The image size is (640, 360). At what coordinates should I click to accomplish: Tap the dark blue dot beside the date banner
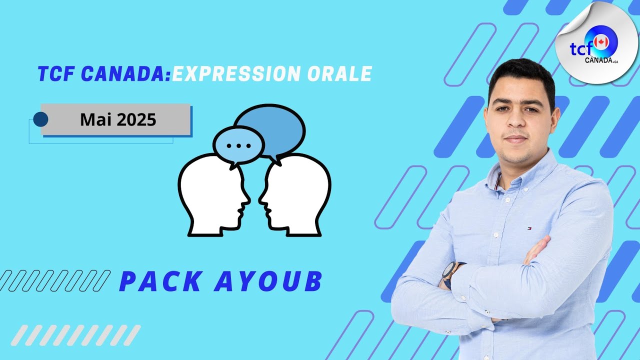(40, 119)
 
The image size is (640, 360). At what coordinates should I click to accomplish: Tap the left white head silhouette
(212, 195)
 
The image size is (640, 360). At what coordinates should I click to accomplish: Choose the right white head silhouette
(297, 195)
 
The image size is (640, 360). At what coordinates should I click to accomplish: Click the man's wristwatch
(449, 272)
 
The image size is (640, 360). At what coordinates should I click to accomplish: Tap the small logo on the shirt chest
(528, 228)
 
